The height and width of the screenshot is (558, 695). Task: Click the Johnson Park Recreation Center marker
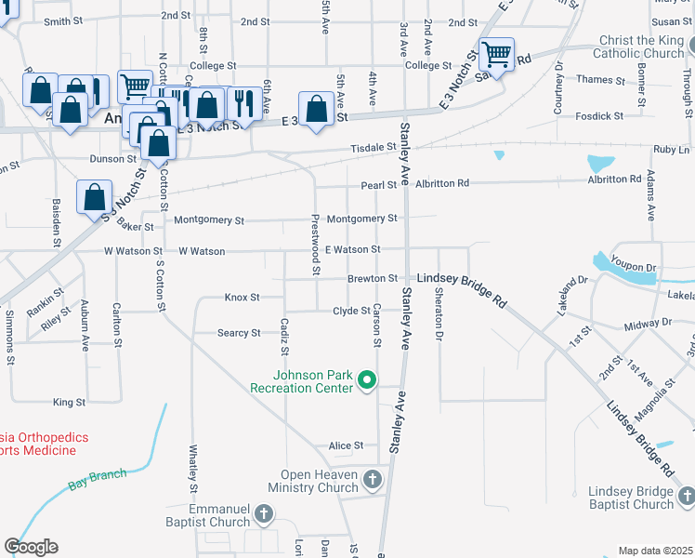367,379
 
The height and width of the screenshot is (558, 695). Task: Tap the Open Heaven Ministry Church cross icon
372,480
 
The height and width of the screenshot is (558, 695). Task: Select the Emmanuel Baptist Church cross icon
264,512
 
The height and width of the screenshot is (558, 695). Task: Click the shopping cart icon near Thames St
497,55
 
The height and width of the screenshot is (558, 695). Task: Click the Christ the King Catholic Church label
642,47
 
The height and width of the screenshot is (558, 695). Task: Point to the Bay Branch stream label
98,481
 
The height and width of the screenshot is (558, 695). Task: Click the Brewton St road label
373,279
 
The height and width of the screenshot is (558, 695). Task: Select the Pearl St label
379,185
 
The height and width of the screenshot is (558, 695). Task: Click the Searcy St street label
239,333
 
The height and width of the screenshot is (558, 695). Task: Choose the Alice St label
346,446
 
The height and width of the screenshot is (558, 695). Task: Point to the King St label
70,403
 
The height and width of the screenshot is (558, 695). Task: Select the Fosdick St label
599,116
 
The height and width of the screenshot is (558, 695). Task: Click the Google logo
31,547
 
